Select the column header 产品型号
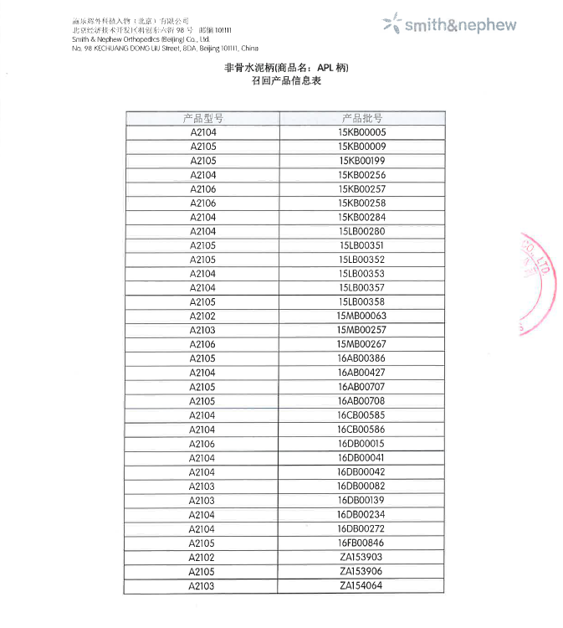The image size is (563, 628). click(202, 118)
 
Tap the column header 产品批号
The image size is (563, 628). click(361, 118)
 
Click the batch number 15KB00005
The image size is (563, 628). click(361, 132)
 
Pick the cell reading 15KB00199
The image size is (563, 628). click(361, 161)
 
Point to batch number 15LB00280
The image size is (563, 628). click(361, 231)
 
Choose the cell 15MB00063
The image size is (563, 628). click(361, 316)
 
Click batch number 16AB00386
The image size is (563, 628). click(361, 358)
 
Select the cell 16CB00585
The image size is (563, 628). click(361, 415)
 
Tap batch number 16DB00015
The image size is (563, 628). click(361, 444)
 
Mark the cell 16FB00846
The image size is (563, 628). click(361, 543)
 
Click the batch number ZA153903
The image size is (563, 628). click(361, 558)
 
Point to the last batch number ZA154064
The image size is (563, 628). click(361, 586)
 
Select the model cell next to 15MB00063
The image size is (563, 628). click(202, 316)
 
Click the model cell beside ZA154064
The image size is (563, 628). click(202, 586)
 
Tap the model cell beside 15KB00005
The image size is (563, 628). click(203, 132)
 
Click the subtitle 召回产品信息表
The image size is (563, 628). click(281, 82)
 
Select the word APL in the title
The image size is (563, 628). click(329, 67)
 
